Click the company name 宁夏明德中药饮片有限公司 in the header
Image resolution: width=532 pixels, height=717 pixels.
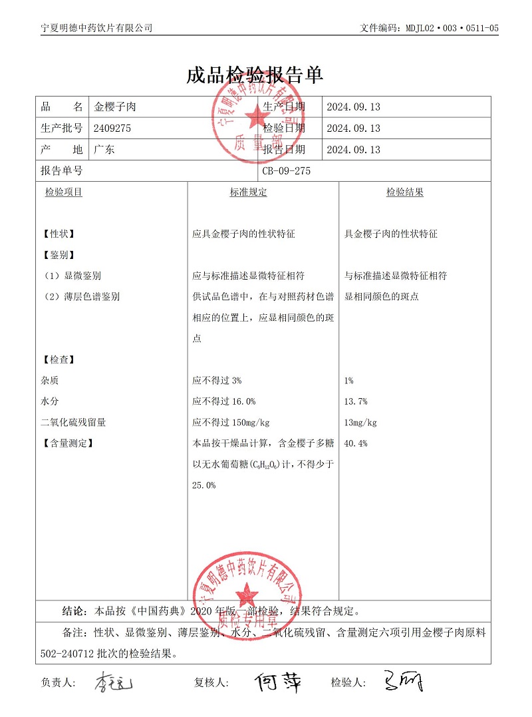tap(96, 28)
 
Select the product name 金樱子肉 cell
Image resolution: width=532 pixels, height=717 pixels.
tap(115, 107)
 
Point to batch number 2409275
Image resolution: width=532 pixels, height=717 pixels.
tap(112, 128)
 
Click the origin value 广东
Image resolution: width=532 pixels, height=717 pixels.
tap(104, 150)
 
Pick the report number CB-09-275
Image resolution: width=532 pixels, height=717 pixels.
tap(286, 170)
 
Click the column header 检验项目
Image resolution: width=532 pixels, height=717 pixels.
tap(63, 192)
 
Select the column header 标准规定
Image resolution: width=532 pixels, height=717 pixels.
tap(248, 192)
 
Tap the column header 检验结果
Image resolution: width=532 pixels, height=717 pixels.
tap(405, 192)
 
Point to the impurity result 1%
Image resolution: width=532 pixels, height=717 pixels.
tap(349, 381)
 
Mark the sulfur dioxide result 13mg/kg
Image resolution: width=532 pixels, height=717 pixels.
tap(360, 423)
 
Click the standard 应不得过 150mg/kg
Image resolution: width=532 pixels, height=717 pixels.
tap(231, 423)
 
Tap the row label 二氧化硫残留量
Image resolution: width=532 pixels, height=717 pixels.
tap(73, 423)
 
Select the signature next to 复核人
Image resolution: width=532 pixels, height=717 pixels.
tap(277, 682)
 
